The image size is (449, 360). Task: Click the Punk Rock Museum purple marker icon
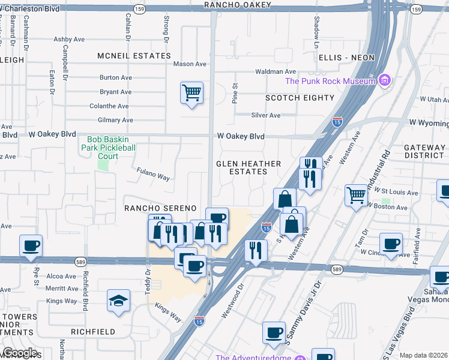tap(385, 81)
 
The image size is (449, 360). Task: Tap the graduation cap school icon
tap(119, 300)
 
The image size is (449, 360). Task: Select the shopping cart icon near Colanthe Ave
tap(191, 93)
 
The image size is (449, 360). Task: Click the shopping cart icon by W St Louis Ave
tap(356, 196)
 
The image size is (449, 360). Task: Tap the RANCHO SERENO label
tap(160, 208)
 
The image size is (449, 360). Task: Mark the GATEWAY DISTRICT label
tap(424, 151)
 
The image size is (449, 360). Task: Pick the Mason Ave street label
tap(190, 64)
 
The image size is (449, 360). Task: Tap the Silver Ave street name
tap(266, 115)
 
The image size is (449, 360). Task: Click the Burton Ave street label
tap(116, 77)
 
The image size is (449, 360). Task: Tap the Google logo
tap(19, 353)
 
